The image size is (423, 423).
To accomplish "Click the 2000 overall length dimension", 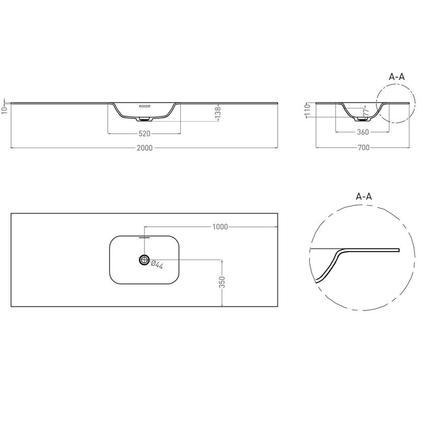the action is coord(144,148).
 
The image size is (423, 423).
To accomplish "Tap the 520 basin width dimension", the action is coord(144,134).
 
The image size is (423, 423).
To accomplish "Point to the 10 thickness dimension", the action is coord(5,110).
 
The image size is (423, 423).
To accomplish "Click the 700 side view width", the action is coord(364,148).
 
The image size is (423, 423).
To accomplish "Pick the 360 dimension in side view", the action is coord(363,132).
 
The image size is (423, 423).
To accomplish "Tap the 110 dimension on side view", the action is coord(308,110).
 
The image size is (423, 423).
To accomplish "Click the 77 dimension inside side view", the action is coord(366,113).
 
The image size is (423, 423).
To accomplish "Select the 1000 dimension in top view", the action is coord(220,227).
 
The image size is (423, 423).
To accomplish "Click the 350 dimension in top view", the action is coord(222,282).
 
